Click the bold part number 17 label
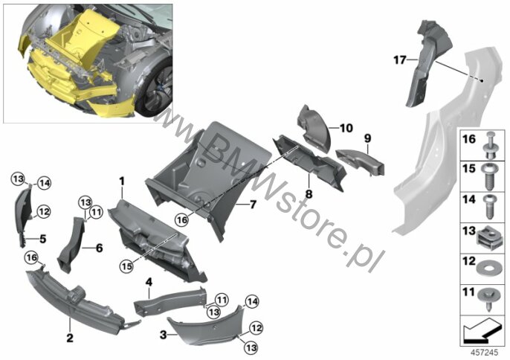(x=400, y=60)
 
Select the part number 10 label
(x=346, y=128)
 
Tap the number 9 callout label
(x=367, y=138)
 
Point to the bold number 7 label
(x=253, y=205)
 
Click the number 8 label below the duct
(x=309, y=194)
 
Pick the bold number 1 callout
(x=122, y=181)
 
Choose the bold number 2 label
(x=70, y=338)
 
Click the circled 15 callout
(x=126, y=266)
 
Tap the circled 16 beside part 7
(x=182, y=219)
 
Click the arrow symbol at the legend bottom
(x=482, y=332)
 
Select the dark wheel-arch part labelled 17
(x=427, y=62)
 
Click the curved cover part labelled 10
(x=314, y=128)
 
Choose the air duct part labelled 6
(x=71, y=245)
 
